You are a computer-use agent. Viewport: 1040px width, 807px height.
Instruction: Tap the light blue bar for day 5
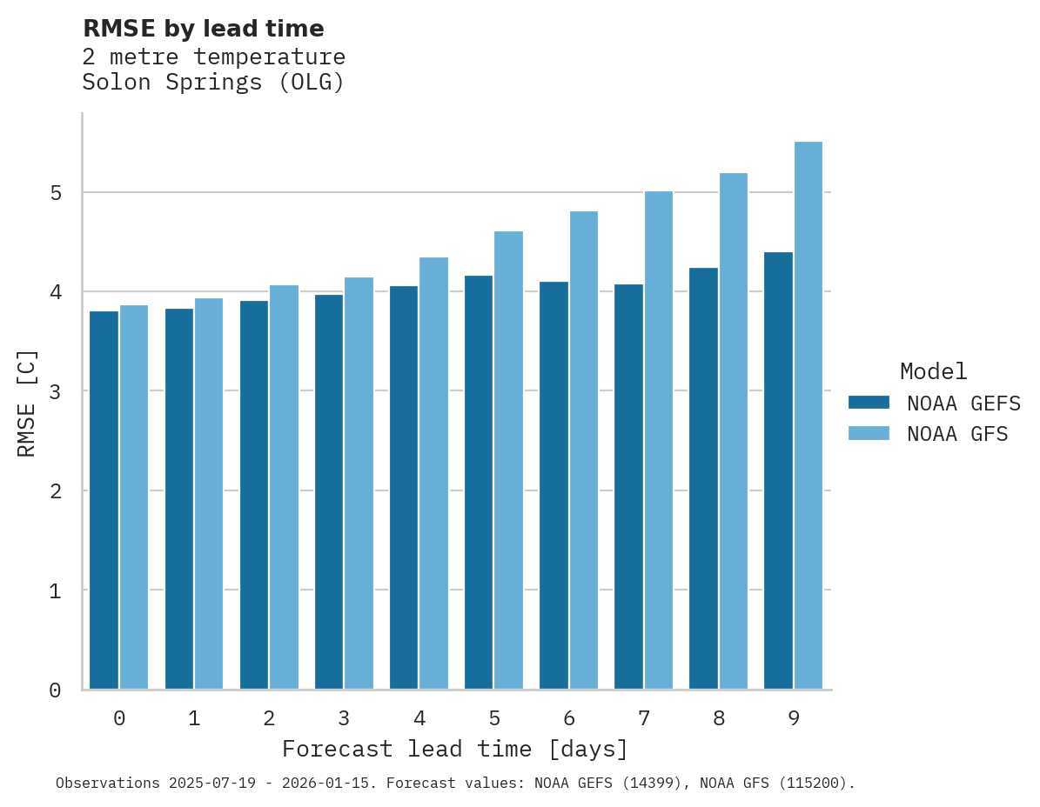[509, 460]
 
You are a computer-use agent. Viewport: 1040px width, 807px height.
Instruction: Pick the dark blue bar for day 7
[628, 487]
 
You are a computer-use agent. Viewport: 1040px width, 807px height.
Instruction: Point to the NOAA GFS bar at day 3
[359, 484]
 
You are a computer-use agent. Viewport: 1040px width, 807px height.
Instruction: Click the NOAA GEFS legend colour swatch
[869, 403]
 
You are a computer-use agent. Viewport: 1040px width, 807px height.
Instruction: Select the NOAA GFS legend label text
[957, 434]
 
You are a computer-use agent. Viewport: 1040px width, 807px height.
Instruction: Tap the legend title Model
[933, 371]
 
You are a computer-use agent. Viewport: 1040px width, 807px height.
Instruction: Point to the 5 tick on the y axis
[56, 192]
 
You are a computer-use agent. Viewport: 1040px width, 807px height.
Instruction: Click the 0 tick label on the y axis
[56, 690]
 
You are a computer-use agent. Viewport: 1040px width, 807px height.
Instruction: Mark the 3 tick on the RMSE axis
[56, 391]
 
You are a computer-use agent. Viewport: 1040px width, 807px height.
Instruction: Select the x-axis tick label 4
[419, 719]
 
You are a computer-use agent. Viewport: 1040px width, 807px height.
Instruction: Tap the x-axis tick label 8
[719, 719]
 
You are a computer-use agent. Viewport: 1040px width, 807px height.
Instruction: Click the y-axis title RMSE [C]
[27, 403]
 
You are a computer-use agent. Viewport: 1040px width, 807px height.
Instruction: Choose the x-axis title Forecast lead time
[454, 749]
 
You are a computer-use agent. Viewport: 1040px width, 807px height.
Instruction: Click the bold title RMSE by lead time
[203, 29]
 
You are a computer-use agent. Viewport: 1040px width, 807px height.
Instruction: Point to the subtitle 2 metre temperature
[213, 57]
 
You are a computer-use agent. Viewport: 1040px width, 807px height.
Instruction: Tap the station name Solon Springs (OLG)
[213, 83]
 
